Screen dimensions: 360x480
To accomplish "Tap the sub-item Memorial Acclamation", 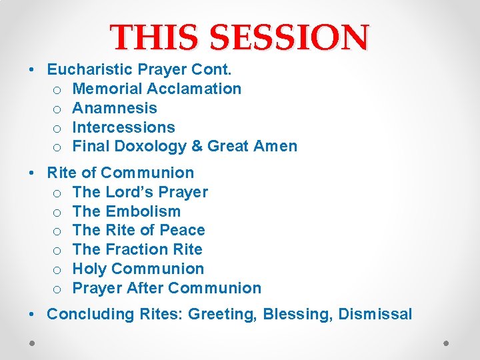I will [x=157, y=89].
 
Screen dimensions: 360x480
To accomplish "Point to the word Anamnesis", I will [x=115, y=108].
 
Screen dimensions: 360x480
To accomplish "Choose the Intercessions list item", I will [x=123, y=127].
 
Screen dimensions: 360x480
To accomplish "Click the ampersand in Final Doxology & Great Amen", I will [x=198, y=147].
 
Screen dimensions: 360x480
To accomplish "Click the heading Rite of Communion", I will [x=120, y=173].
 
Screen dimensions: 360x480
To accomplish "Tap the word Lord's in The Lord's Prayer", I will [x=129, y=192].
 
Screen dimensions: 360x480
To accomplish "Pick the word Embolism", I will [x=143, y=211].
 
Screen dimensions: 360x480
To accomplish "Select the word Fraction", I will [x=138, y=250].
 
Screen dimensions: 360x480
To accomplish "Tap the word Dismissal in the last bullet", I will [x=375, y=314].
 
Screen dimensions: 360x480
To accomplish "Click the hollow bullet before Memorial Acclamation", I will [x=57, y=89].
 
